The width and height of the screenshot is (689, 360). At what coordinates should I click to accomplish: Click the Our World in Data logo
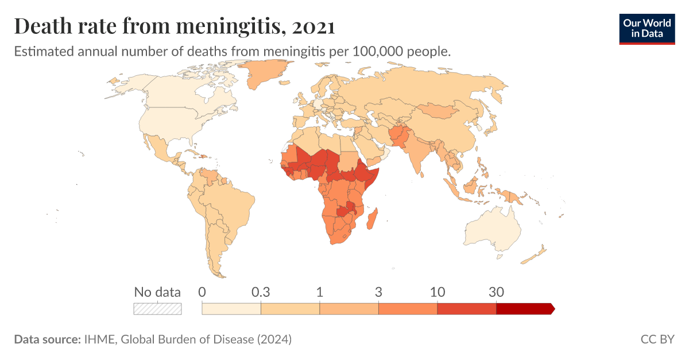pyautogui.click(x=647, y=27)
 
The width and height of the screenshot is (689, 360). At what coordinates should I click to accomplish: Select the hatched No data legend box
pyautogui.click(x=157, y=309)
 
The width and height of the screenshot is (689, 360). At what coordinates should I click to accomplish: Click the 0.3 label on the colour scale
pyautogui.click(x=261, y=292)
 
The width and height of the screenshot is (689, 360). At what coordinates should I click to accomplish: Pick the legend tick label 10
pyautogui.click(x=438, y=292)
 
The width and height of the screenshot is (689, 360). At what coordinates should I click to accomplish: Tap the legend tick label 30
pyautogui.click(x=496, y=292)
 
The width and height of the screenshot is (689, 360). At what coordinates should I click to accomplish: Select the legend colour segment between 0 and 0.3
pyautogui.click(x=231, y=309)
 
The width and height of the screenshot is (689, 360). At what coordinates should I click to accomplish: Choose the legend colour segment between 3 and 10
pyautogui.click(x=408, y=309)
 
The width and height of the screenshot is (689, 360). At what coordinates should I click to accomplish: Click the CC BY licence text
pyautogui.click(x=657, y=339)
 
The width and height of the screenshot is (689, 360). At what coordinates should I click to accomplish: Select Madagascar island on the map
pyautogui.click(x=372, y=219)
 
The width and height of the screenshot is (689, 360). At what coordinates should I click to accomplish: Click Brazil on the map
pyautogui.click(x=230, y=201)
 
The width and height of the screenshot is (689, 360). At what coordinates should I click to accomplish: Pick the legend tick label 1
pyautogui.click(x=320, y=292)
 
